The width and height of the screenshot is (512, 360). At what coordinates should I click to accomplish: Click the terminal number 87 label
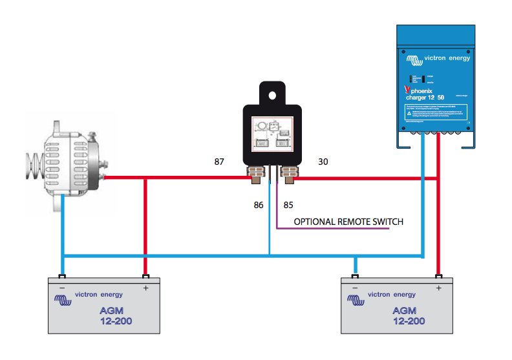tap(220, 161)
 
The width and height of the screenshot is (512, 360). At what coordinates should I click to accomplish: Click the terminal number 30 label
tap(323, 161)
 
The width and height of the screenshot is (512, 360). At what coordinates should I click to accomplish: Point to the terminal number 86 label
tap(259, 206)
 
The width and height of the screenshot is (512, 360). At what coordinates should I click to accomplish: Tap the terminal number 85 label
tap(288, 206)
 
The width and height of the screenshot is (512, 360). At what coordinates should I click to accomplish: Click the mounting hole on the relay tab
tap(273, 95)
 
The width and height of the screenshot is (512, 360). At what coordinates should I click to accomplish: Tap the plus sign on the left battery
tap(145, 288)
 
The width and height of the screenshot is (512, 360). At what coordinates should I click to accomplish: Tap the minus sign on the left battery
tap(62, 288)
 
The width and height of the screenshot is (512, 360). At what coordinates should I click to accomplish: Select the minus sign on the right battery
tap(354, 288)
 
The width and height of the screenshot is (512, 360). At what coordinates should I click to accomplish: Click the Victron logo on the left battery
tap(63, 300)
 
